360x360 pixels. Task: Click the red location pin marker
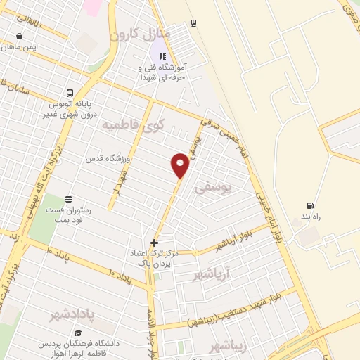click(x=180, y=165)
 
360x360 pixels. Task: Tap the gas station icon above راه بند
click(x=309, y=206)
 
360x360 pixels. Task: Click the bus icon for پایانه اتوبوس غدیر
click(x=69, y=93)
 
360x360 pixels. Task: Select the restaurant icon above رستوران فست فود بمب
click(x=67, y=199)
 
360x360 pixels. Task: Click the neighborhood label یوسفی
click(x=212, y=188)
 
